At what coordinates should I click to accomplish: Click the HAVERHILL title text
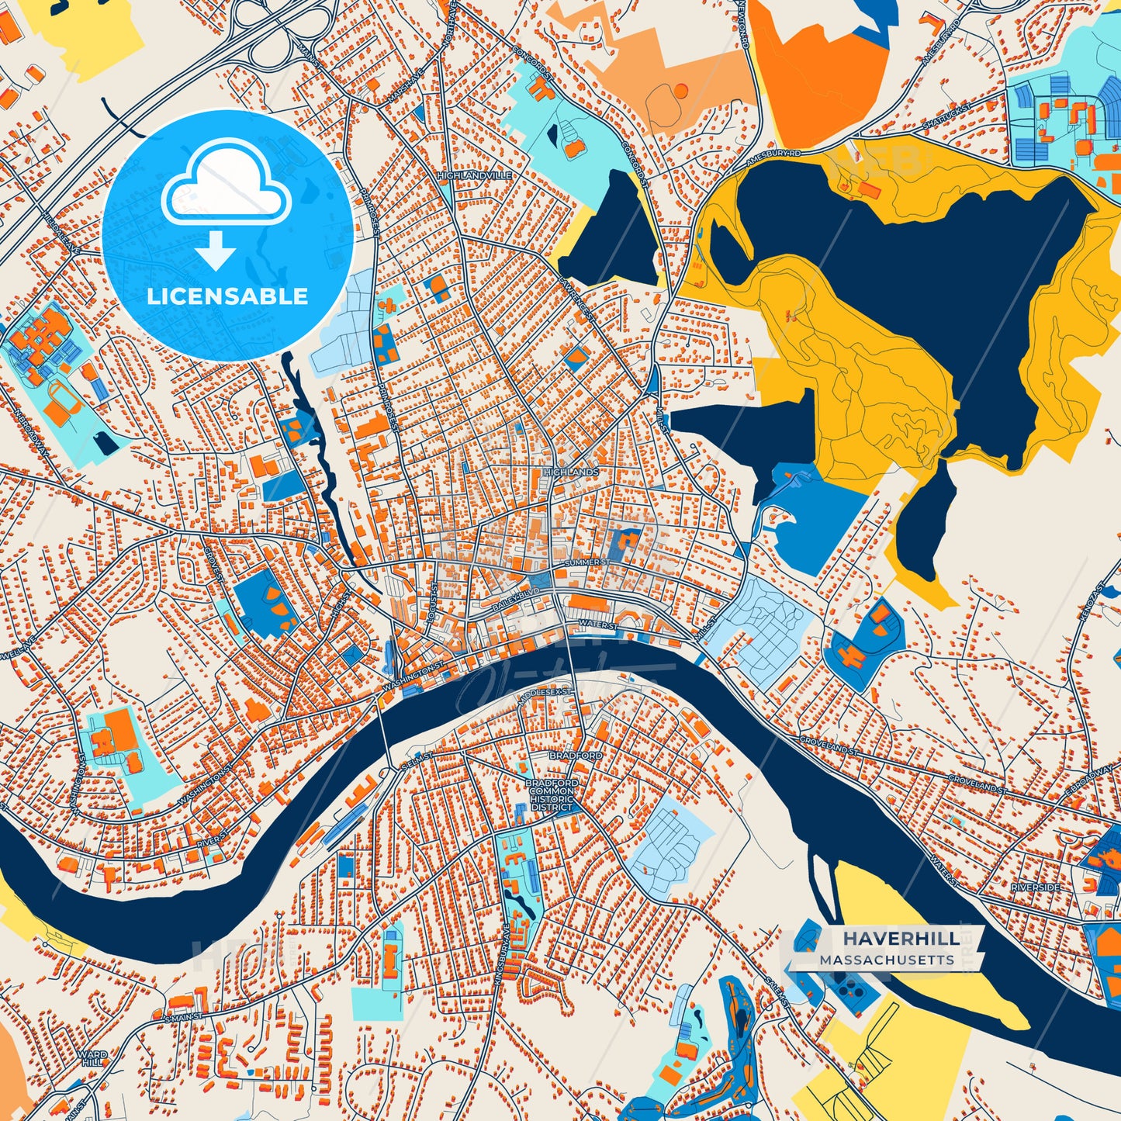point(901,939)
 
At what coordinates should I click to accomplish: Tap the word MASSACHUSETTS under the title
point(887,960)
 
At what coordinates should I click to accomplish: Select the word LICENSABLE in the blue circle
point(227,296)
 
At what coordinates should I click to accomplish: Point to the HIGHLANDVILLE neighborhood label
point(474,176)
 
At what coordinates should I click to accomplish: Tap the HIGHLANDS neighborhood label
point(571,472)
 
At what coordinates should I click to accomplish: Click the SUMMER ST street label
point(587,562)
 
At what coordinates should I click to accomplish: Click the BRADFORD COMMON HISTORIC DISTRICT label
point(552,795)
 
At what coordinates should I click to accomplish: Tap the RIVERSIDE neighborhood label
point(1035,887)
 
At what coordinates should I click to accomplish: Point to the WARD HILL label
point(92,1059)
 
